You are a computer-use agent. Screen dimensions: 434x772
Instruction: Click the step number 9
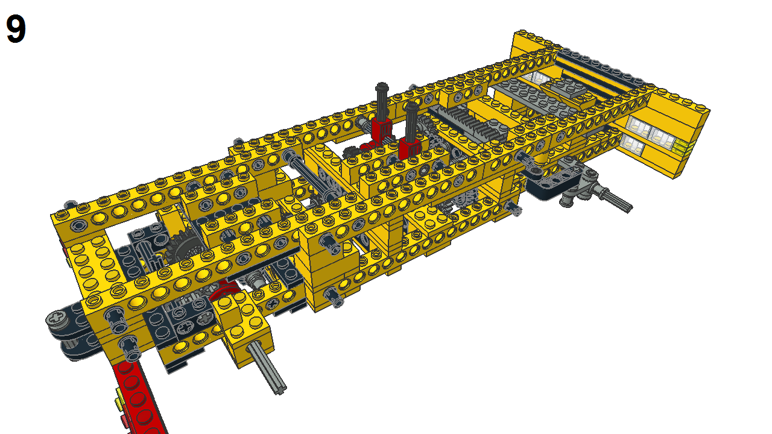[16, 30]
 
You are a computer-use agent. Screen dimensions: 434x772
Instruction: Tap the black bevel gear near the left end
[180, 248]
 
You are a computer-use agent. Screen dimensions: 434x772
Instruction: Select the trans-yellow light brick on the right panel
[683, 146]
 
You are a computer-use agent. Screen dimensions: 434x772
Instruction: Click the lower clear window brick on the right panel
[631, 144]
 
